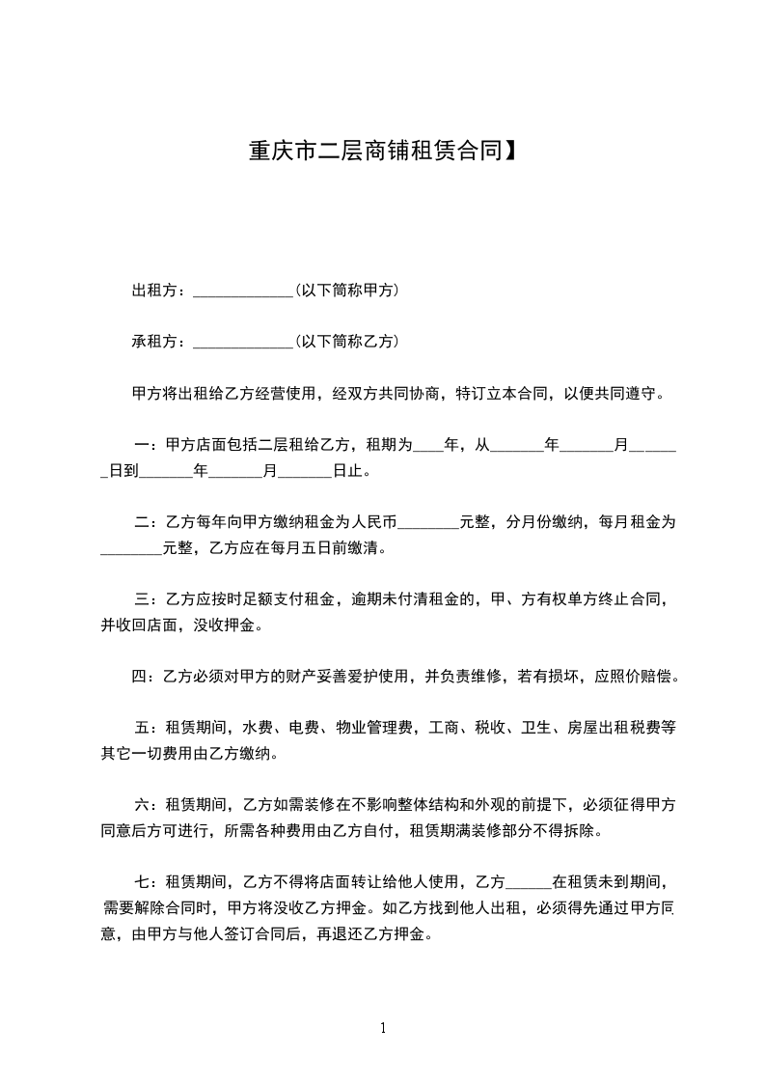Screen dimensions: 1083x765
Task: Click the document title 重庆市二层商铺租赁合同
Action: click(x=374, y=152)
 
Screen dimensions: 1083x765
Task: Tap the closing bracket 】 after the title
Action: click(x=510, y=152)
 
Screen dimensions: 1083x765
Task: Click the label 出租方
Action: click(x=155, y=291)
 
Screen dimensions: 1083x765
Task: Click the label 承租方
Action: click(x=155, y=342)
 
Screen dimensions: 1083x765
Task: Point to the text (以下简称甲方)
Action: click(x=347, y=291)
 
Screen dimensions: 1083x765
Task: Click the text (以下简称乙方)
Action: click(x=347, y=342)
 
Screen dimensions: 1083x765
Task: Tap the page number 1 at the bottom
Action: click(x=383, y=1028)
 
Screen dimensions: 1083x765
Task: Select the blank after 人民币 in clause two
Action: click(x=428, y=525)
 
